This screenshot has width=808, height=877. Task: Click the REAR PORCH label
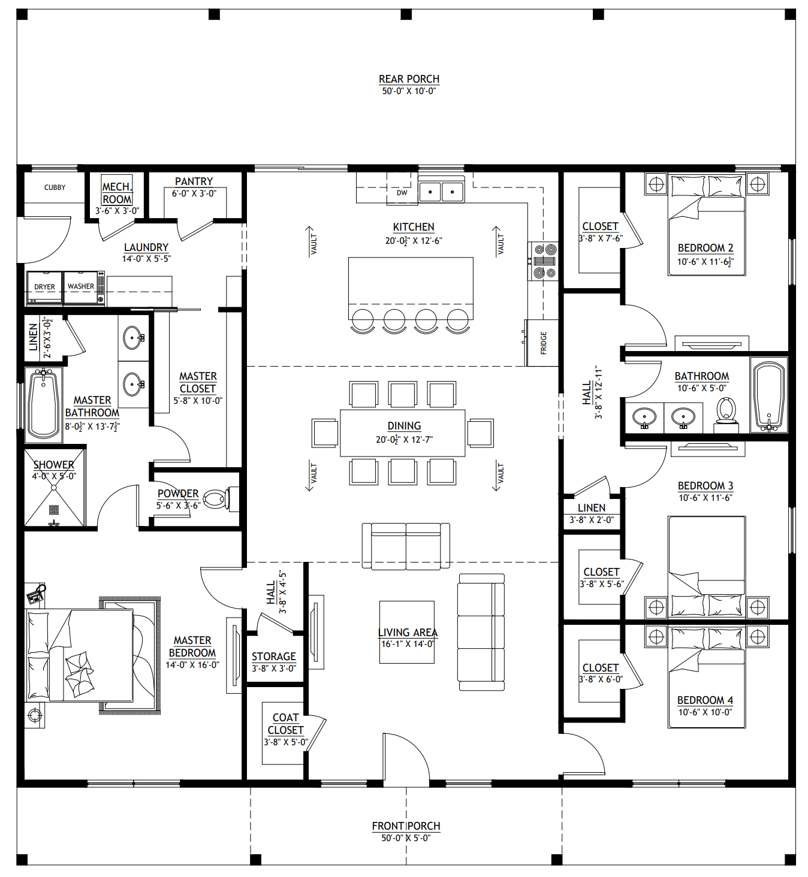(409, 79)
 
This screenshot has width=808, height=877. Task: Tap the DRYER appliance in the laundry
(44, 288)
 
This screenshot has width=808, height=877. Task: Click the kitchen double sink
(441, 192)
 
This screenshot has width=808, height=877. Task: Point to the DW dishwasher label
(402, 193)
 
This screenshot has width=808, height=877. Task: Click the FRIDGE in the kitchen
(542, 343)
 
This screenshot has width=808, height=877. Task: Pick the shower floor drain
(54, 510)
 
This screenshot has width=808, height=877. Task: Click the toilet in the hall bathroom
(726, 412)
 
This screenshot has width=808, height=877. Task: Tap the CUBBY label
(55, 188)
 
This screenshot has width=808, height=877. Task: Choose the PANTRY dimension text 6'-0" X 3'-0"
(194, 193)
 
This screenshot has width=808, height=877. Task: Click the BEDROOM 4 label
(705, 700)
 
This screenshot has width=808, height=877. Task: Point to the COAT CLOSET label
(285, 724)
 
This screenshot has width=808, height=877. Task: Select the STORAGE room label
(274, 657)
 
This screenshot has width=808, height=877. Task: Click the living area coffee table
(406, 632)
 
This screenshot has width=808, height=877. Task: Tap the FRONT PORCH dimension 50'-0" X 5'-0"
(406, 838)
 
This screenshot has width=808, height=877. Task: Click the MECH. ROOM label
(117, 193)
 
